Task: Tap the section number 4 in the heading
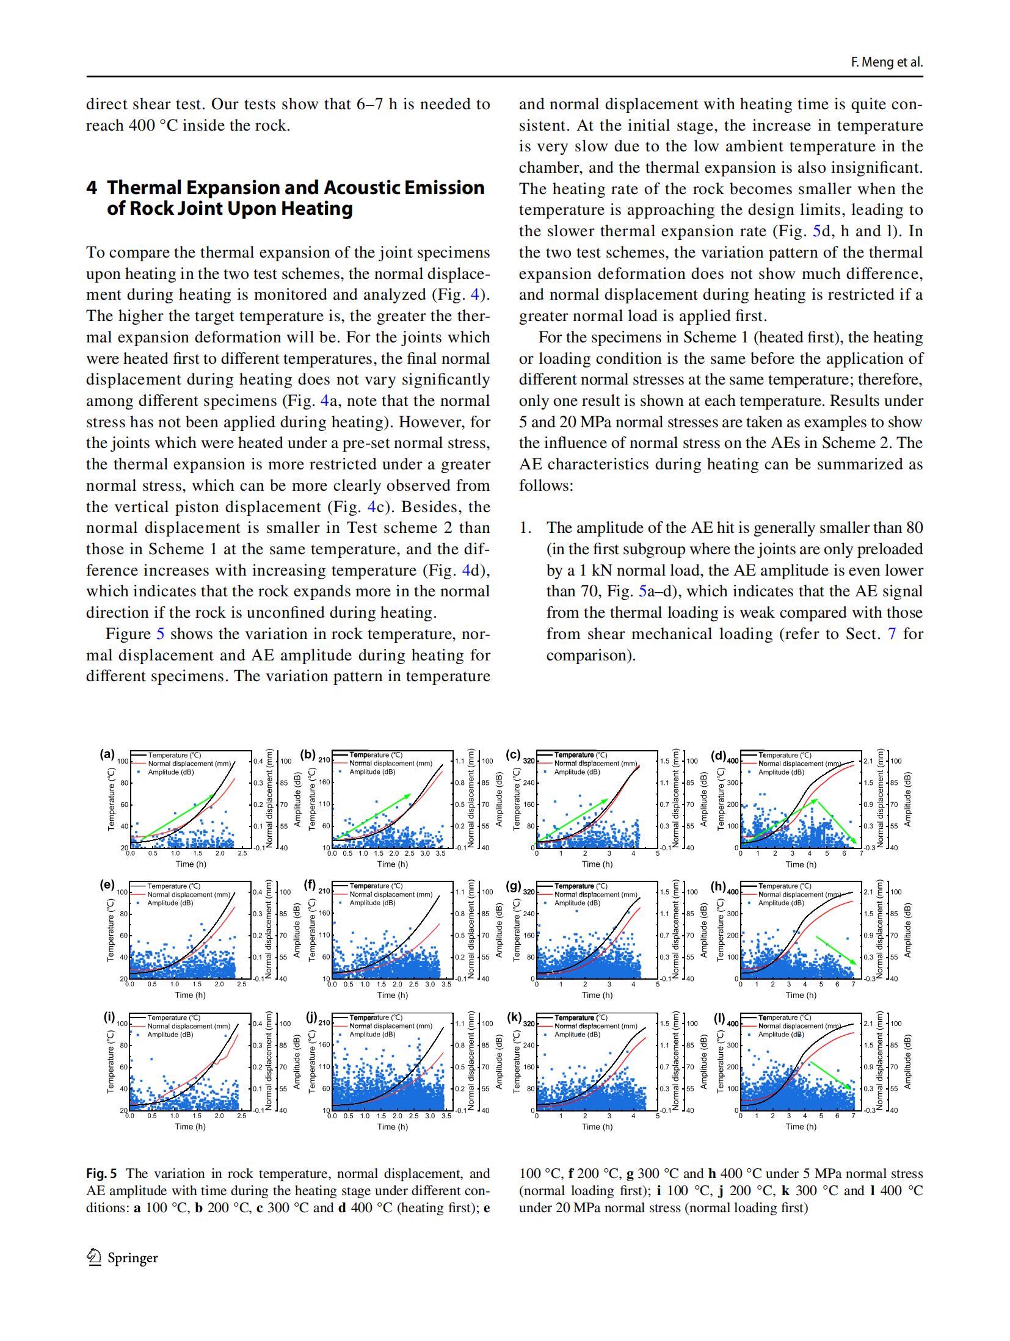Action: click(x=92, y=187)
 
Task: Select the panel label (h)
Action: click(x=718, y=886)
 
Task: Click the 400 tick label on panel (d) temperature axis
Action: click(x=732, y=761)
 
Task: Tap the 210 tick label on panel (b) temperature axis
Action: click(x=324, y=760)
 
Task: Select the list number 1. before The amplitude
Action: click(x=526, y=528)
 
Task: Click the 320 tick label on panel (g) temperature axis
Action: click(x=529, y=892)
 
